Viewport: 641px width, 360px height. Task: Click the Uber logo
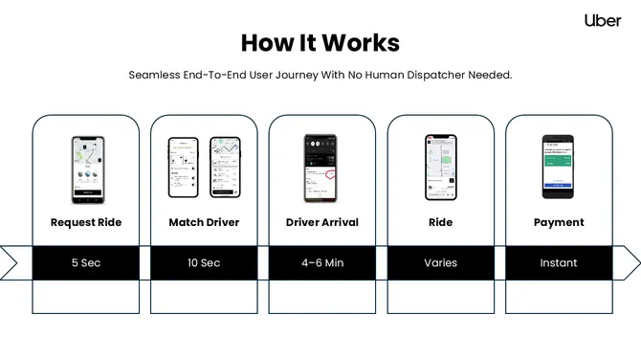(603, 20)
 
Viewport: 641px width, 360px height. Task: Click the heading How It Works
(320, 43)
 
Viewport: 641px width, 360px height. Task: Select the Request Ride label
(86, 222)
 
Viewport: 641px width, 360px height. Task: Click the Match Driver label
(204, 222)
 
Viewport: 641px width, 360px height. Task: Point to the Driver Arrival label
(322, 222)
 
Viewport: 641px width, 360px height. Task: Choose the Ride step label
(440, 222)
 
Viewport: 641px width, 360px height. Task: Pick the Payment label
(559, 222)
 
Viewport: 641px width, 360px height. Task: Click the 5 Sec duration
(86, 262)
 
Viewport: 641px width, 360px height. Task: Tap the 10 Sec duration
(204, 262)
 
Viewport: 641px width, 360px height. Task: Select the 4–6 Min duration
(322, 262)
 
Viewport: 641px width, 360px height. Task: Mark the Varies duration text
(440, 262)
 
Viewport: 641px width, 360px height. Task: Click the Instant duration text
(559, 262)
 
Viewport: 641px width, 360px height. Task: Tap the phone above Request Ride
(87, 167)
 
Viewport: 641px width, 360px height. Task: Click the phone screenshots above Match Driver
(204, 167)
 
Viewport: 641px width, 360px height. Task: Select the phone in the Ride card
(440, 167)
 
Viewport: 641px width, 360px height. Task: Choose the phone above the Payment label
(559, 167)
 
